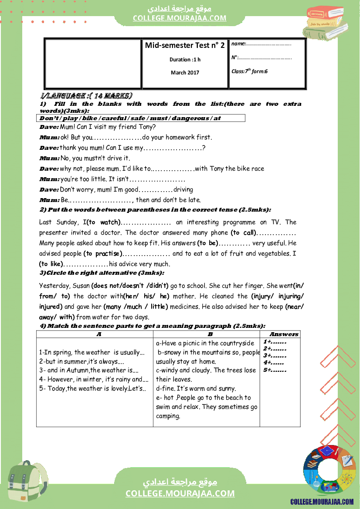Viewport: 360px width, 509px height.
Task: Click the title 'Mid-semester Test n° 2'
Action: pos(185,46)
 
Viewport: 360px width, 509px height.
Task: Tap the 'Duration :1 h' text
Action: pos(185,60)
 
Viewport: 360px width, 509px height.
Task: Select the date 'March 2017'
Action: pos(185,73)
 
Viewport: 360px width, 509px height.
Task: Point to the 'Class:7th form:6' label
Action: pos(249,71)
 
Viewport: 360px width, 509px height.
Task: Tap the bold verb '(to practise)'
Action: pos(102,253)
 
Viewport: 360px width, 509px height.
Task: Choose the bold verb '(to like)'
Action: pos(51,264)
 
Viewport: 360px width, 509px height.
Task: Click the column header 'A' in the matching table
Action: pos(99,334)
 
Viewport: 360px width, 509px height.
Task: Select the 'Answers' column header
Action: pos(284,334)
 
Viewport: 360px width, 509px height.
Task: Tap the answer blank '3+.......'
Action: pos(275,356)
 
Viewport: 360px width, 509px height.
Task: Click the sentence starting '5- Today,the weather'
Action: pos(92,388)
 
